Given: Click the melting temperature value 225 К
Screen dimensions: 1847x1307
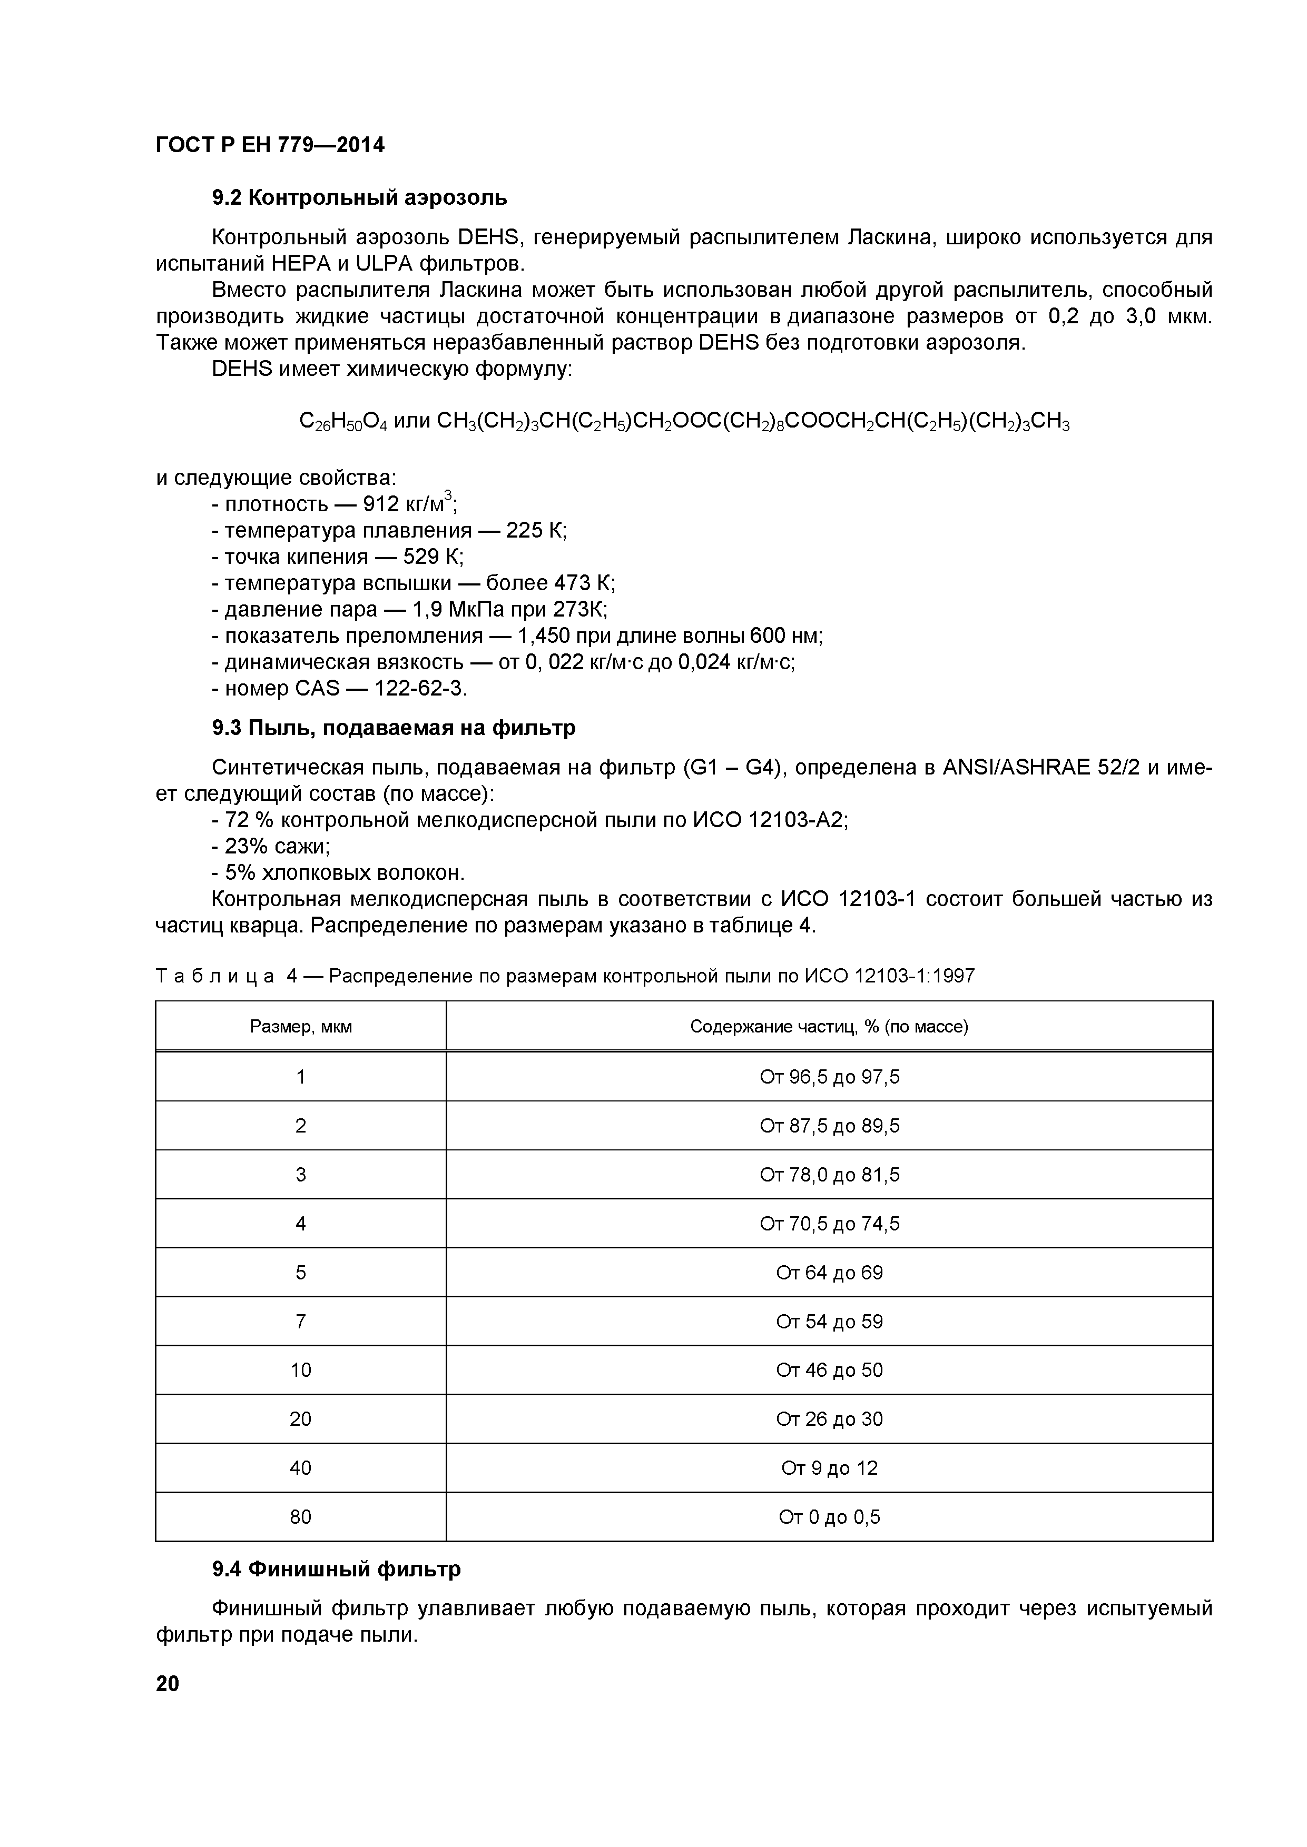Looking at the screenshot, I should [x=536, y=531].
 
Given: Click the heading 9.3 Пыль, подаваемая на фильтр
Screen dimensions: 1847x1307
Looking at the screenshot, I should [x=394, y=728].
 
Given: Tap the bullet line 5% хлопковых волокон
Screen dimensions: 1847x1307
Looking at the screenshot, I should [x=338, y=873].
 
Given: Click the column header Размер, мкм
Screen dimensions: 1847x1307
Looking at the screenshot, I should [x=301, y=1027].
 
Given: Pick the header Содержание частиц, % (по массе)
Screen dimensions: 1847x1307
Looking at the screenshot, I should [x=829, y=1027].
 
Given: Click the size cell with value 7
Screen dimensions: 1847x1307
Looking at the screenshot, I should [x=301, y=1322].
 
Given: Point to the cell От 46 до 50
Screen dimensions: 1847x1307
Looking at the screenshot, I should [x=829, y=1370].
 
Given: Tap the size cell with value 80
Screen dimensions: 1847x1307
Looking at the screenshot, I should [x=301, y=1517].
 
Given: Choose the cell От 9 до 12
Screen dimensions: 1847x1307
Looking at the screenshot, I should [x=829, y=1468].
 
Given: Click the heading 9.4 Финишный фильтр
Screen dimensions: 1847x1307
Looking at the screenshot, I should [x=337, y=1570].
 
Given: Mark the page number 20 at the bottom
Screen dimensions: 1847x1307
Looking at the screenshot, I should [x=168, y=1684].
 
